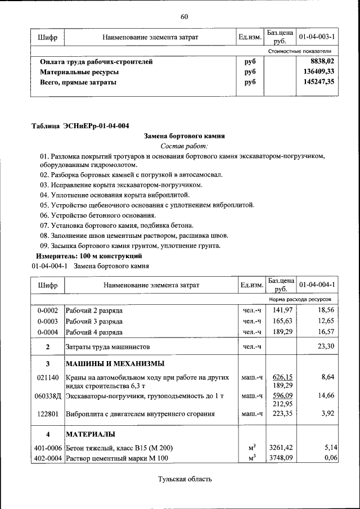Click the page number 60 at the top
pos(184,16)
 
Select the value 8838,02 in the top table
pos(322,62)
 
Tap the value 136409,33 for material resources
pos(318,72)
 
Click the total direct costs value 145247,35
pos(318,82)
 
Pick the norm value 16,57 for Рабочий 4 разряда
pos(326,332)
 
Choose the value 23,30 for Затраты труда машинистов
pos(326,346)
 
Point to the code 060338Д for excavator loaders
pos(48,396)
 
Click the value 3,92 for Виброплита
pos(327,415)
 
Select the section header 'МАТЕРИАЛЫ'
pos(91,435)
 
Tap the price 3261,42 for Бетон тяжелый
pos(282,448)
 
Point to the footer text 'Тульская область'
pos(184,479)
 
